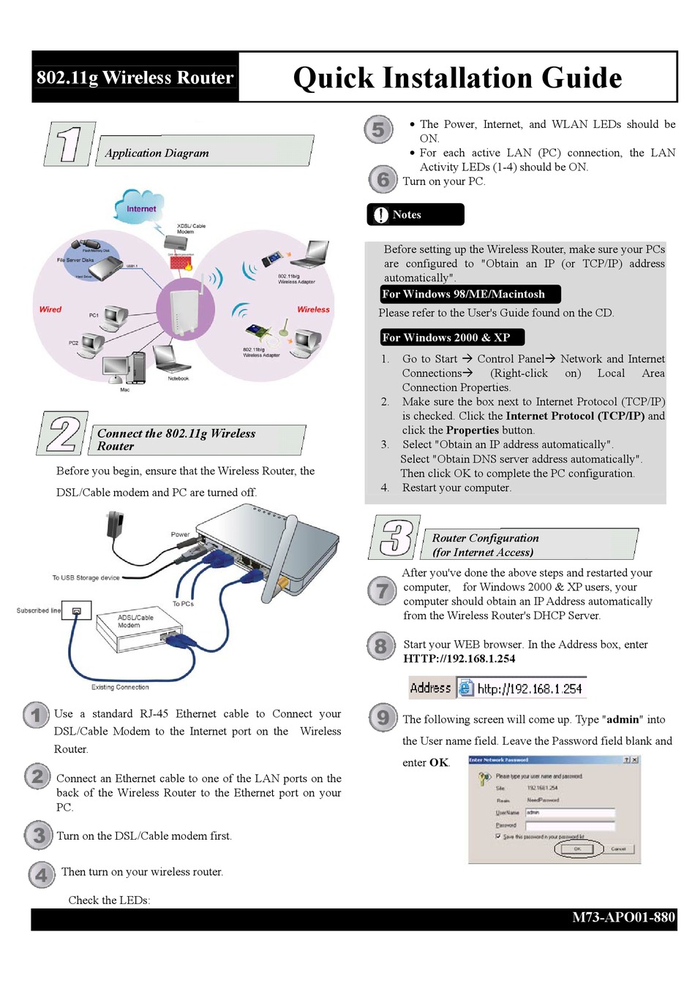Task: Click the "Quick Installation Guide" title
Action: coord(457,77)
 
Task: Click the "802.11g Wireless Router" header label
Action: coord(135,77)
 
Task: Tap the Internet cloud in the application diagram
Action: coord(140,208)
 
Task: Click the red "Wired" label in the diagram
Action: coord(50,309)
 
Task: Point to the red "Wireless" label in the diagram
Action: coord(313,309)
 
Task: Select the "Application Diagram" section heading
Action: coord(157,153)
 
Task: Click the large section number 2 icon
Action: coord(63,433)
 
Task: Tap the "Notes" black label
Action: coord(415,215)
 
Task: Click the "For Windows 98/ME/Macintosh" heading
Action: coord(464,294)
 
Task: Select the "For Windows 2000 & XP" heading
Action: coord(446,337)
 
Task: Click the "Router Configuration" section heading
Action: coord(485,538)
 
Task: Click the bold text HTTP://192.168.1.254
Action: coord(459,659)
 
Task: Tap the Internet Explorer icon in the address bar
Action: coord(465,688)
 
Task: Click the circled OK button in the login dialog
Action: coord(577,849)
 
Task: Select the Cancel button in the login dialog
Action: coord(618,849)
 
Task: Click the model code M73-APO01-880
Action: coord(623,917)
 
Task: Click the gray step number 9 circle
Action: coord(382,717)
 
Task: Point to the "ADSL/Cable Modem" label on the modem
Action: coord(135,621)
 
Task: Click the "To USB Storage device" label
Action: coord(86,577)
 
